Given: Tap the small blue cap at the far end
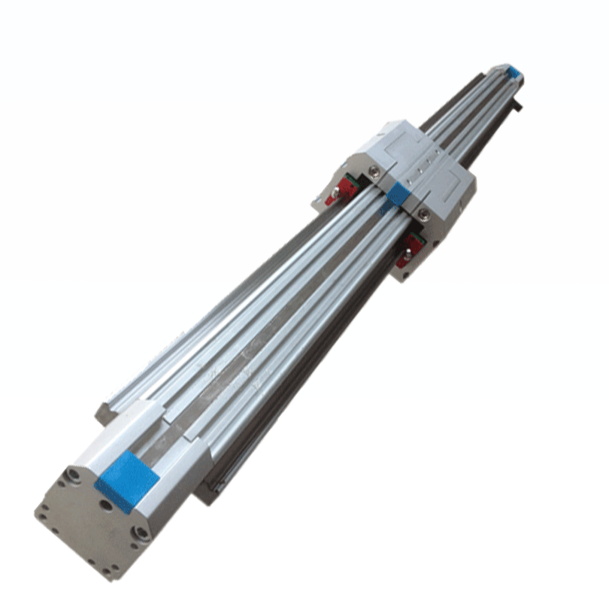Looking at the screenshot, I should pyautogui.click(x=514, y=73).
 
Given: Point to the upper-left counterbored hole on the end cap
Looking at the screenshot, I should pyautogui.click(x=73, y=475).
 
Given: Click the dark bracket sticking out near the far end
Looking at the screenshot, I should pyautogui.click(x=518, y=106).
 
